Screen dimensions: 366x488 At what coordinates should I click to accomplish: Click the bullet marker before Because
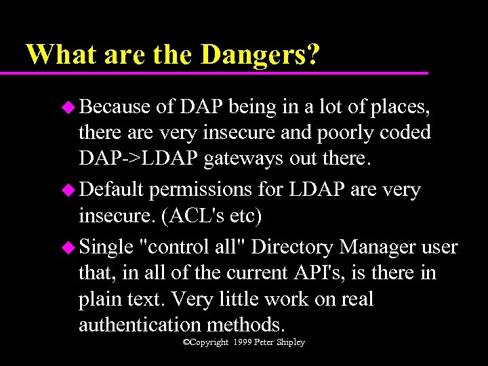point(69,106)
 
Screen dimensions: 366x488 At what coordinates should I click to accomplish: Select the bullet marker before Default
point(69,190)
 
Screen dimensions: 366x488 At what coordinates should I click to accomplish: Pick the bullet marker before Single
point(69,247)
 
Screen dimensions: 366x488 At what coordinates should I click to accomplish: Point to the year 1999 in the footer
point(243,342)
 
